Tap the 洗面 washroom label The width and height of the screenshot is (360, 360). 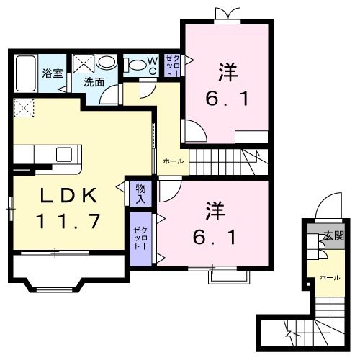coord(94,81)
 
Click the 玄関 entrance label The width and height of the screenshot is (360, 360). coord(333,235)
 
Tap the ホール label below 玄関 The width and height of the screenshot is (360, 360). coord(330,276)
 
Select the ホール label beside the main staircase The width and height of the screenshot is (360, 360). coord(173,161)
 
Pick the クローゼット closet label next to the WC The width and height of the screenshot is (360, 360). coord(172,66)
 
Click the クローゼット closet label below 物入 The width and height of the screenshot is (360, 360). coord(140,237)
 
